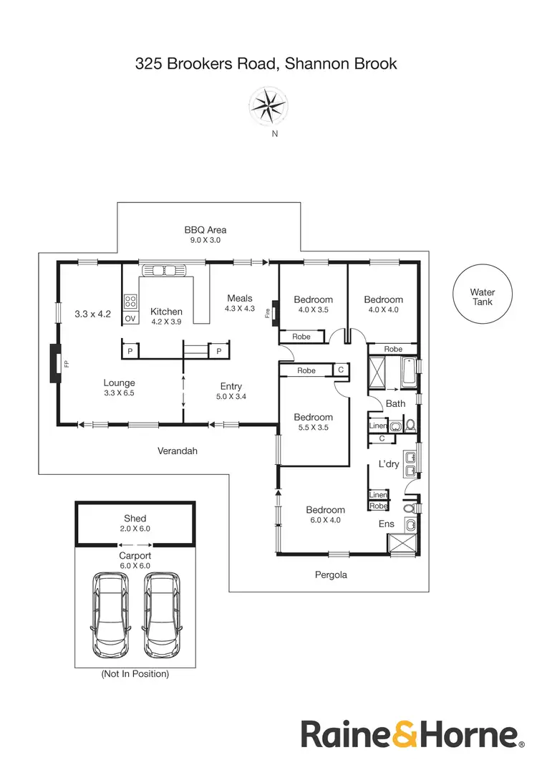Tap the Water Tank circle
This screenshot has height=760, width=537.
(x=482, y=297)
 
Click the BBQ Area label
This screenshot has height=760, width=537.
(x=205, y=234)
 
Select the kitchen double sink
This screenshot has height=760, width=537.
(x=164, y=271)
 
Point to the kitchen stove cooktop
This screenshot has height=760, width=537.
(x=130, y=302)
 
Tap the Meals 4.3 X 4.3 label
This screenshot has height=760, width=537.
(x=240, y=303)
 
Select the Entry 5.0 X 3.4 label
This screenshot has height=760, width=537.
(x=231, y=390)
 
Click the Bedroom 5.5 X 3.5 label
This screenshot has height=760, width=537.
(x=313, y=422)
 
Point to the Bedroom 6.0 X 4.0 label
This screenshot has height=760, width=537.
(x=326, y=515)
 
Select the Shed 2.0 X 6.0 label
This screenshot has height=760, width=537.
(x=135, y=523)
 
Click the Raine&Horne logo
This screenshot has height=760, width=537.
(x=409, y=734)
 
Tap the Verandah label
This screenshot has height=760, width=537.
(x=177, y=451)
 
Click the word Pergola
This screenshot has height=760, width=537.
(x=331, y=574)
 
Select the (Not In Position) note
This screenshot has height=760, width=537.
(x=135, y=674)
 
